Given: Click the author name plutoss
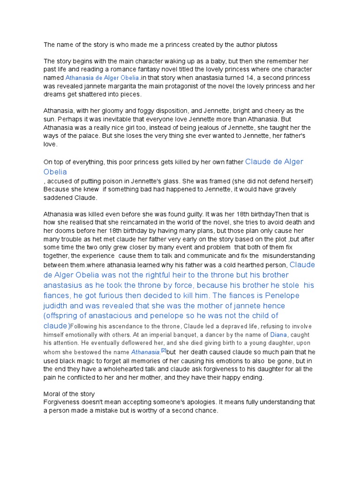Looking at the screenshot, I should pos(266,45).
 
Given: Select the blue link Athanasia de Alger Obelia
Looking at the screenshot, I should pos(102,77).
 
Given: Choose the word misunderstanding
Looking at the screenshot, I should pos(289,255).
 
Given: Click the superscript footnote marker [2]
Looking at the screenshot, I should pos(164,350).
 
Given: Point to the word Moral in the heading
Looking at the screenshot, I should pos(53,394).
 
